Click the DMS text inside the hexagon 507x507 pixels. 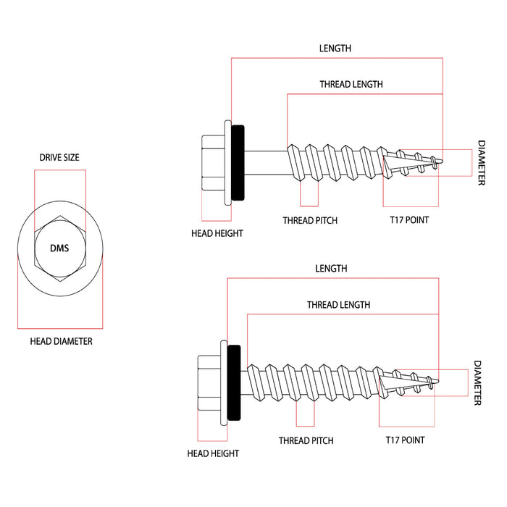pyautogui.click(x=59, y=248)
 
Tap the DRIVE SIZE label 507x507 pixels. pyautogui.click(x=59, y=157)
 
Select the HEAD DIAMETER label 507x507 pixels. pyautogui.click(x=61, y=341)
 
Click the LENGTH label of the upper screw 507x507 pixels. pyautogui.click(x=335, y=49)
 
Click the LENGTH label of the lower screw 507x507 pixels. pyautogui.click(x=331, y=268)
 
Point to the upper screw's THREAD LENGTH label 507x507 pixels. pyautogui.click(x=351, y=85)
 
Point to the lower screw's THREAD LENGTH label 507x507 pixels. pyautogui.click(x=338, y=305)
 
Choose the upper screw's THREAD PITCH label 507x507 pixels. pyautogui.click(x=310, y=220)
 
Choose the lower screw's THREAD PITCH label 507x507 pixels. pyautogui.click(x=306, y=440)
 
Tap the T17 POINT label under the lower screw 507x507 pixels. pyautogui.click(x=405, y=440)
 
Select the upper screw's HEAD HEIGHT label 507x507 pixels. pyautogui.click(x=217, y=233)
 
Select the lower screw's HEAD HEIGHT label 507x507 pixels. pyautogui.click(x=213, y=453)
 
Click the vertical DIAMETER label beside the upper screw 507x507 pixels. pyautogui.click(x=481, y=163)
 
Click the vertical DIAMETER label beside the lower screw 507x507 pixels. pyautogui.click(x=477, y=383)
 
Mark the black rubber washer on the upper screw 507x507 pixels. pyautogui.click(x=238, y=162)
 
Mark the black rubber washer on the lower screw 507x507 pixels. pyautogui.click(x=234, y=382)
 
